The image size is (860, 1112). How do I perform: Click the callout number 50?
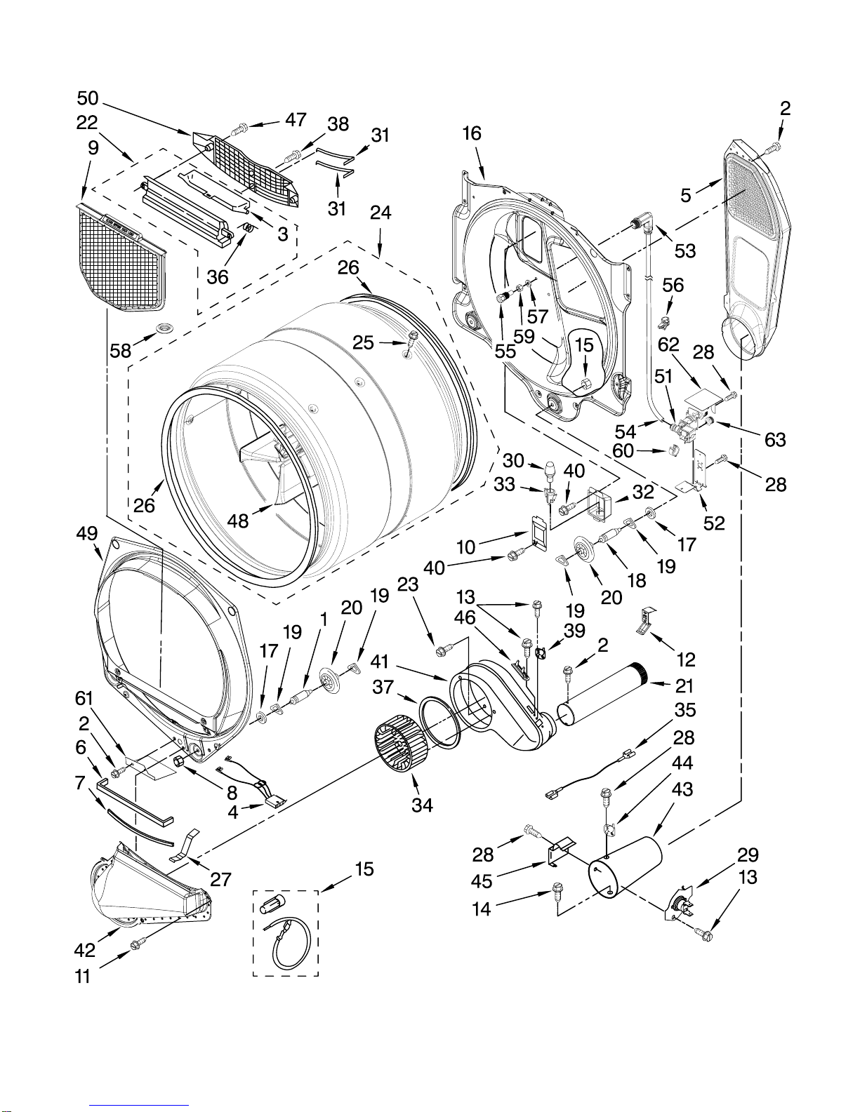(x=88, y=98)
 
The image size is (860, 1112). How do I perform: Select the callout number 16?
(x=472, y=133)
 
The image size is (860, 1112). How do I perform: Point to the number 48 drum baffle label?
(x=237, y=521)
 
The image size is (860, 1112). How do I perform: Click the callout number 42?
(x=84, y=951)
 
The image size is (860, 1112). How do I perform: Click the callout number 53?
(x=685, y=250)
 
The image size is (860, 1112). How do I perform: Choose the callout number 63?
(x=775, y=440)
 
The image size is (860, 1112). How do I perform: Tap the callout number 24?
(x=381, y=213)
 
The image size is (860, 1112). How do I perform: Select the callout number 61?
(x=84, y=699)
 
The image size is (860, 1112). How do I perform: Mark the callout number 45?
(x=482, y=881)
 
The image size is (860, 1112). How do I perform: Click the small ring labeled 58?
(x=166, y=327)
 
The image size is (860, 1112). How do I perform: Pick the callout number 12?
(x=685, y=659)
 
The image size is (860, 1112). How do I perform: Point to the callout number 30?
(x=513, y=461)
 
